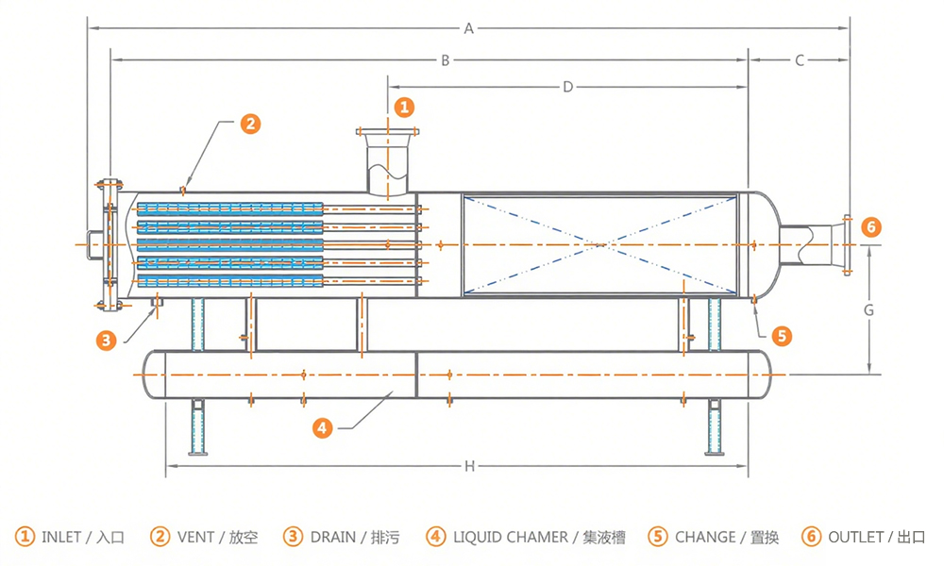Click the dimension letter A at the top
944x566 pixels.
point(468,28)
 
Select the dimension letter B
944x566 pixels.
point(446,60)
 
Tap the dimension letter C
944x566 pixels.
point(800,60)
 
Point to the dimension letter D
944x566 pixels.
point(567,87)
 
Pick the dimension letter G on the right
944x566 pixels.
point(868,310)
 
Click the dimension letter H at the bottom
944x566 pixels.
point(469,466)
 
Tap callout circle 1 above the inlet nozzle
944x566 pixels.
point(404,107)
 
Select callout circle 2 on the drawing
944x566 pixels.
point(250,124)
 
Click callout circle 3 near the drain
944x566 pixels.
point(106,341)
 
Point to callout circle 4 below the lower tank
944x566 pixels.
point(323,428)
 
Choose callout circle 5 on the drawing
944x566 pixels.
point(782,336)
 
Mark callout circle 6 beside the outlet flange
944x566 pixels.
point(870,227)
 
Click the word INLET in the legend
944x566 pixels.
point(60,537)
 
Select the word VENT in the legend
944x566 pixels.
point(195,537)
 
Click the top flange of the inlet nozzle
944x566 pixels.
point(388,132)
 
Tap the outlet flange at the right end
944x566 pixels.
point(847,245)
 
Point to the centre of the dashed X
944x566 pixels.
point(600,245)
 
